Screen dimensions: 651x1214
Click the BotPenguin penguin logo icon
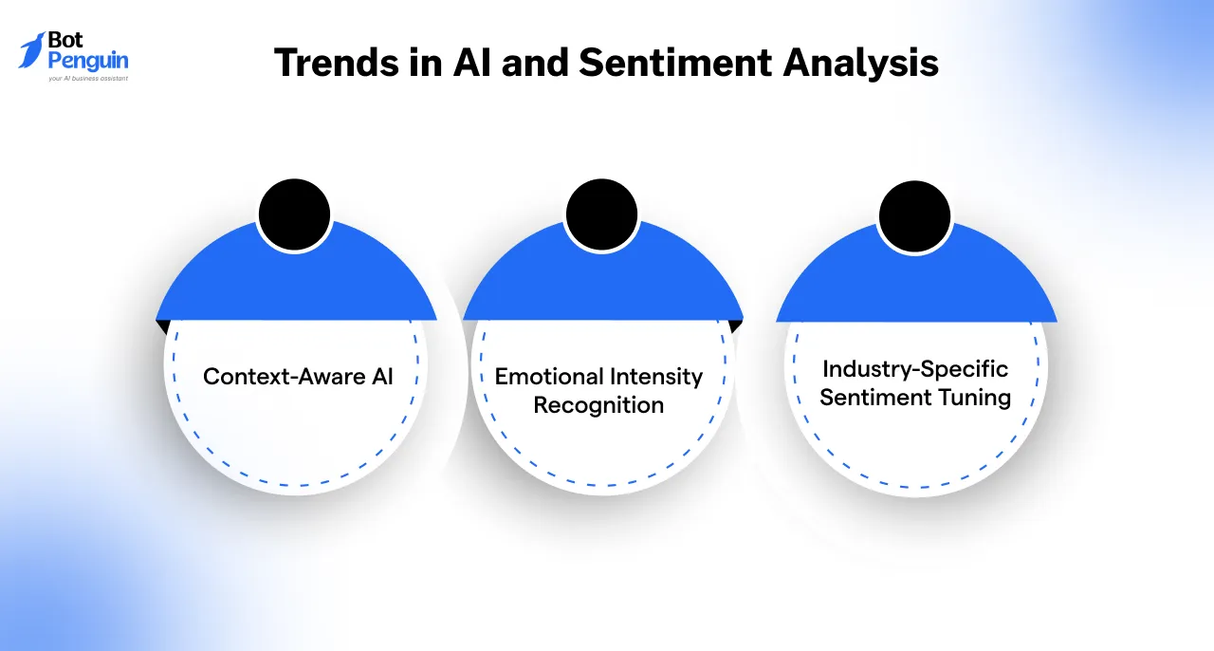[x=32, y=50]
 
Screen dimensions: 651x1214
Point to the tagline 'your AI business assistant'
[x=87, y=79]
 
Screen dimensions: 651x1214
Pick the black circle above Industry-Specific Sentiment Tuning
[x=914, y=215]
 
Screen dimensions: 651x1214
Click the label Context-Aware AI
[x=298, y=376]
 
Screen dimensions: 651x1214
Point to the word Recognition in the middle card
[x=598, y=405]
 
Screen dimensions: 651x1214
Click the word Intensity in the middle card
[x=653, y=377]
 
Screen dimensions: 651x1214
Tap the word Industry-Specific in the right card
[x=915, y=368]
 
